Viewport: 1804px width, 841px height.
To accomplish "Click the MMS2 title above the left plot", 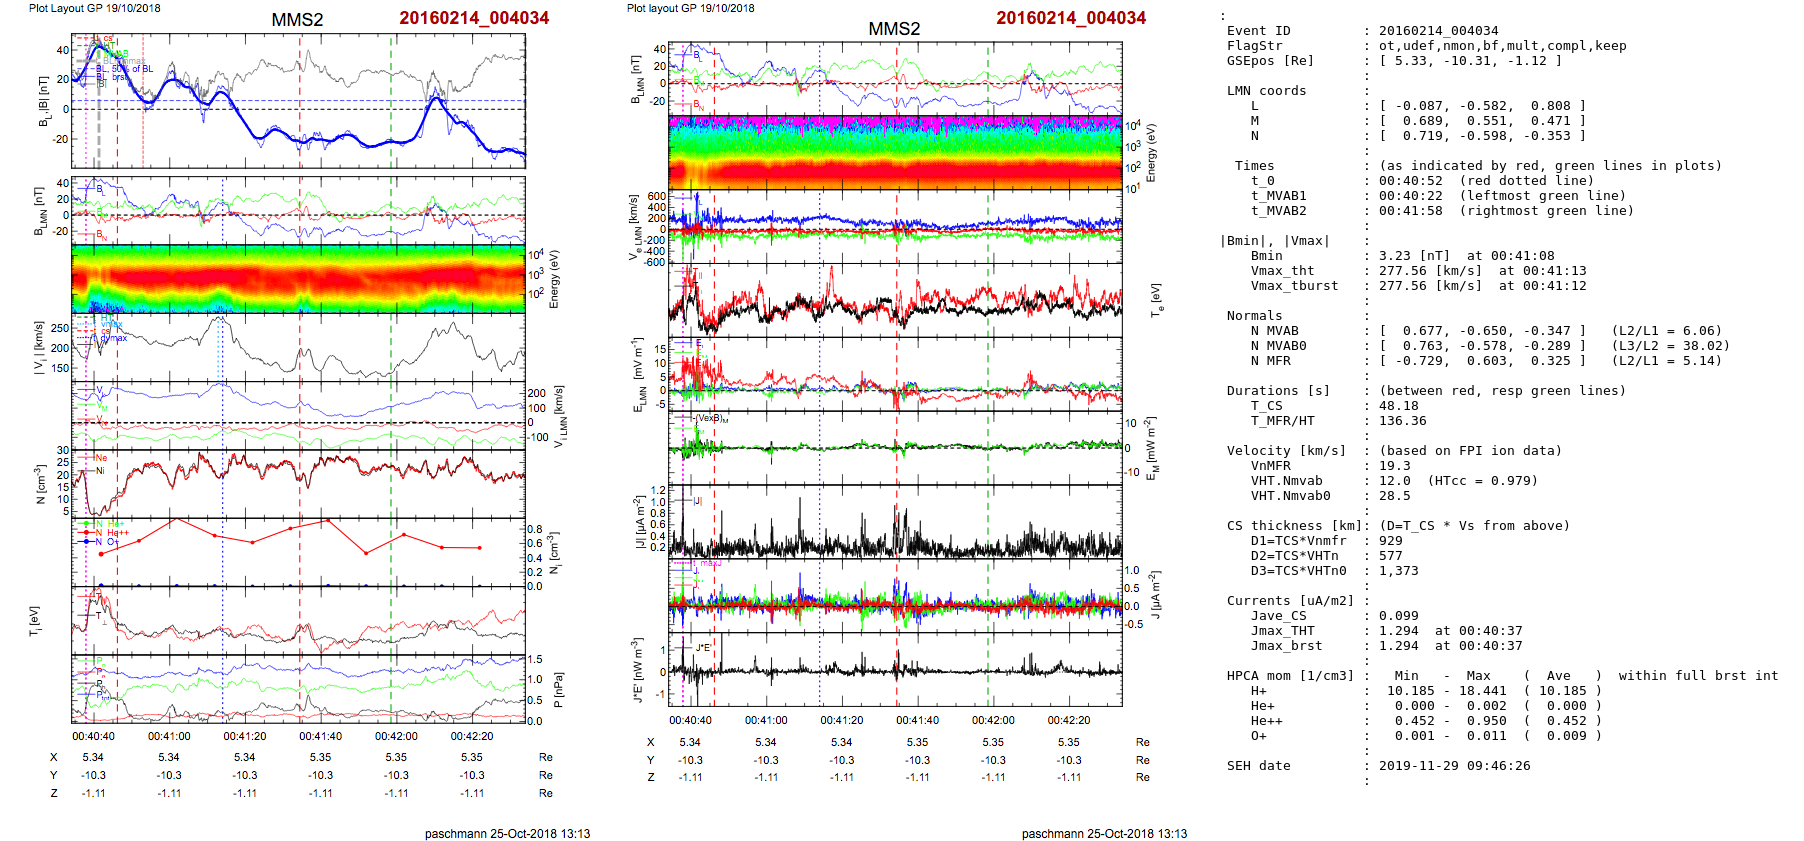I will coord(297,20).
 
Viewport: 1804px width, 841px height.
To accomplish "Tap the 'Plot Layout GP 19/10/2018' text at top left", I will coord(94,8).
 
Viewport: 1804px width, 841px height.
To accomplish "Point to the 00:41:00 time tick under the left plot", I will coord(169,737).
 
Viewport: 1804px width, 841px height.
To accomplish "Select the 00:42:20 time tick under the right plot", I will coord(1069,720).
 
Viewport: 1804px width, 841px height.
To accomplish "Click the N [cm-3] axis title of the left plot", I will coord(40,484).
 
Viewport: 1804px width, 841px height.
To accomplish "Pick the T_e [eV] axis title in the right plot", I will coord(1157,299).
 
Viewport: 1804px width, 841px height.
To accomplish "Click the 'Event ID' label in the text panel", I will coord(1258,31).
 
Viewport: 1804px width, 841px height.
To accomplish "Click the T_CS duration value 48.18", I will coord(1399,406).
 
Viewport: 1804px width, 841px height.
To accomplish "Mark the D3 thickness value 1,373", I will coord(1399,571).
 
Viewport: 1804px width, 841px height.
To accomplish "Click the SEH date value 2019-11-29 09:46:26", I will coord(1452,766).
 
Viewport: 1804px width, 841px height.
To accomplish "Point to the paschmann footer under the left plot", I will coord(507,833).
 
